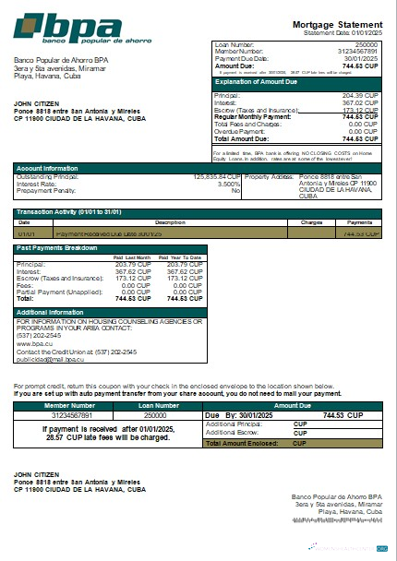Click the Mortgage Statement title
[x=337, y=25]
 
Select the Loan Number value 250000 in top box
[x=367, y=44]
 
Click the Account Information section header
[x=47, y=168]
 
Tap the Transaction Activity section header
[x=68, y=213]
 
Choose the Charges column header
[x=310, y=222]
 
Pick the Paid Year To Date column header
[x=185, y=257]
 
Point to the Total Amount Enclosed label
[x=244, y=444]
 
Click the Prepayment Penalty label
[x=45, y=190]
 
